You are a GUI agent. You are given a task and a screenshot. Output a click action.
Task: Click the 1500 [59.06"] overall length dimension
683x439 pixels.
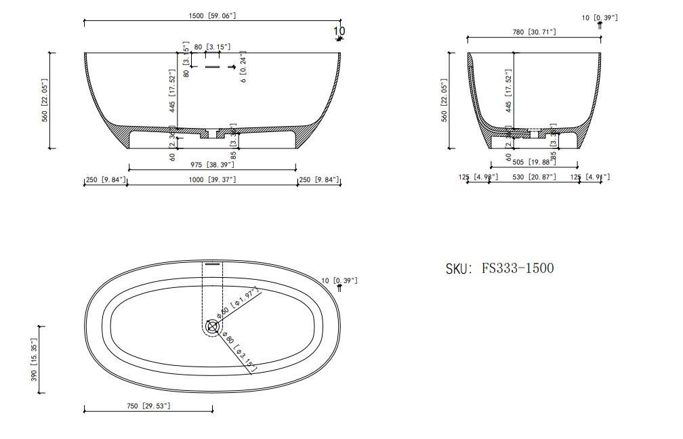point(212,16)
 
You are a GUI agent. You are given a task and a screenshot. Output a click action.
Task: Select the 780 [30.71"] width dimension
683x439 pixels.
point(534,31)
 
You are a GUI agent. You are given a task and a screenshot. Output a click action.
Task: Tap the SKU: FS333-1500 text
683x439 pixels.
point(499,268)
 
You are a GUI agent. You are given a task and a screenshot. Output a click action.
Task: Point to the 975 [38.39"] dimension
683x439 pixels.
point(212,165)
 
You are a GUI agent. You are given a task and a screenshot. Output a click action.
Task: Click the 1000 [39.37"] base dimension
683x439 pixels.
point(212,180)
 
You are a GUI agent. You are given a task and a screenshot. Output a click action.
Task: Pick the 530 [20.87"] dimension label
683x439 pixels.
point(535,177)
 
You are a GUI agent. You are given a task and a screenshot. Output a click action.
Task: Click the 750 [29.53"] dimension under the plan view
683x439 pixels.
point(148,405)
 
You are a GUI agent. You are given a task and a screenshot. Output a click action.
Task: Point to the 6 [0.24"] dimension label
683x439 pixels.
point(243,68)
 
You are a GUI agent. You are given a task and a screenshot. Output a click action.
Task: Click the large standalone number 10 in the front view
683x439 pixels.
point(339,30)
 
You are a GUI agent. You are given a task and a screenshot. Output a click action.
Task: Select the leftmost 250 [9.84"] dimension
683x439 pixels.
point(106,180)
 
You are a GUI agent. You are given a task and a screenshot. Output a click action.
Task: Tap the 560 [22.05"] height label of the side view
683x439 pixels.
point(444,100)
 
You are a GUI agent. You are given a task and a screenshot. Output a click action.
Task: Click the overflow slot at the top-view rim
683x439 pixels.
point(213,265)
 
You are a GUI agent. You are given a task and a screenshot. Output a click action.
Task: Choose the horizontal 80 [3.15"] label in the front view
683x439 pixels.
point(212,47)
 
